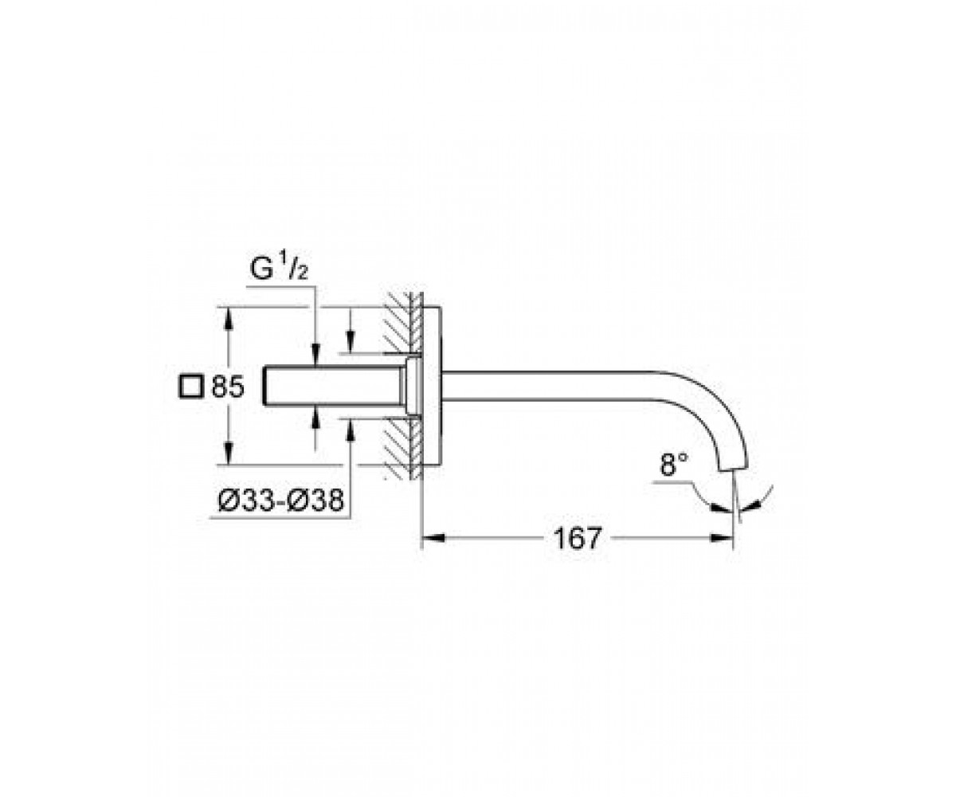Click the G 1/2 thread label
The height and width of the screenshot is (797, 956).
click(x=279, y=269)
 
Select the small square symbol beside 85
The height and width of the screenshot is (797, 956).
click(x=191, y=387)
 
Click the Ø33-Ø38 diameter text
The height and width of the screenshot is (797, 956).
click(x=280, y=500)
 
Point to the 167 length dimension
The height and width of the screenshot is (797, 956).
click(x=577, y=538)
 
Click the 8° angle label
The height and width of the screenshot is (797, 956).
click(x=673, y=464)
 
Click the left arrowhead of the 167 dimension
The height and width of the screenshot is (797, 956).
click(x=433, y=538)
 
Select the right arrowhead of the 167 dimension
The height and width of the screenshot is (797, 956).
click(x=722, y=538)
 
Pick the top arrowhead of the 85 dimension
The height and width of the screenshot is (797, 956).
click(x=229, y=319)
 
